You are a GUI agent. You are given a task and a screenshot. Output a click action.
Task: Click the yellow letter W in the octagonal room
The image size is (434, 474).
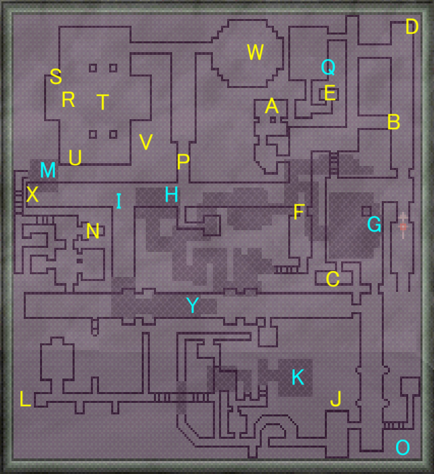pos(255,52)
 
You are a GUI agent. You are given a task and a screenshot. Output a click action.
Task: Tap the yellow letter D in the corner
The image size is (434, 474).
pos(412,27)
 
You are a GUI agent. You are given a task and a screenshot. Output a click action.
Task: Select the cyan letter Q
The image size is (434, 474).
pos(328,67)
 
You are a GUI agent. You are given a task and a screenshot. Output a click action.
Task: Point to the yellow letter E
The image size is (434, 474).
pos(330,93)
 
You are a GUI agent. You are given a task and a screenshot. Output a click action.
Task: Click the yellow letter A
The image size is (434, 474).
pos(272,106)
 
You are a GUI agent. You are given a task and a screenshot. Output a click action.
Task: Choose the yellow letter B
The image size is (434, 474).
pos(393,123)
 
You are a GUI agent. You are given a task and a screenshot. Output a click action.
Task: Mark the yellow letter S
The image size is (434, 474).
pos(56,77)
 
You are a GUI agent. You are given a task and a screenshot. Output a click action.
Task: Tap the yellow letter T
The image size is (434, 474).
pos(102,102)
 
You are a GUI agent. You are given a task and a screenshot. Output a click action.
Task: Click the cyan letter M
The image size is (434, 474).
pos(47,171)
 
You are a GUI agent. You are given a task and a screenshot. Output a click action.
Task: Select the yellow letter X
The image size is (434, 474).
pos(32,195)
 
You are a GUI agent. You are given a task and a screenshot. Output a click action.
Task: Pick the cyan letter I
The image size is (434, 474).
pos(119,201)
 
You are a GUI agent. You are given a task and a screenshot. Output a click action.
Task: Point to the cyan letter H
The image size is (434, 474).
pos(172,195)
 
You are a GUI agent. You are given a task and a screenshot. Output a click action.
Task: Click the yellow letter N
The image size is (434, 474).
pos(93,232)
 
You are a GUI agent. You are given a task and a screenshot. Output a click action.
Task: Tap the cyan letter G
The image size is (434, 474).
pos(374,224)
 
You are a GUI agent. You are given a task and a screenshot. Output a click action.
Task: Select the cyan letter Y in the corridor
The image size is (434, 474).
pos(193,306)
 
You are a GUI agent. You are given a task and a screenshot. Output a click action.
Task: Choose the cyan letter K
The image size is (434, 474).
pos(298,378)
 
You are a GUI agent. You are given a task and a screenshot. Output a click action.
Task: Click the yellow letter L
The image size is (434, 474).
pos(25,400)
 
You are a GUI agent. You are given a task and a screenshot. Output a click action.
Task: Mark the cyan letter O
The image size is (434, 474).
pos(403,448)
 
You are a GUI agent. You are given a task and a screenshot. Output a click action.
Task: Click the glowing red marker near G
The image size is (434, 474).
pos(403,226)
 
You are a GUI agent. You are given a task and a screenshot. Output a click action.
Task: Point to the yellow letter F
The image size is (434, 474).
pos(299,212)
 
